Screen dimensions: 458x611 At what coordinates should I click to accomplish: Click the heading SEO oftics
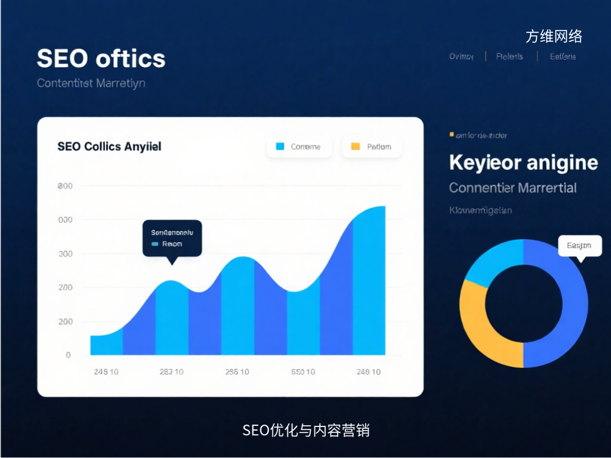click(101, 58)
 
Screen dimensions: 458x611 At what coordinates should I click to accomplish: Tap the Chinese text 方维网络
click(554, 36)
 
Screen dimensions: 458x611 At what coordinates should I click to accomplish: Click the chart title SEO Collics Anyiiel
click(109, 146)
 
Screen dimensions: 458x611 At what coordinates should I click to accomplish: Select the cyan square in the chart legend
click(280, 146)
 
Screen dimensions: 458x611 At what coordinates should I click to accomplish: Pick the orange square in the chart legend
click(356, 146)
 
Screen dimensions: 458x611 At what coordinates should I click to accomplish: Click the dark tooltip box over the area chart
click(172, 238)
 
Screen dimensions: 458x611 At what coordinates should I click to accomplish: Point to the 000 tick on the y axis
click(65, 220)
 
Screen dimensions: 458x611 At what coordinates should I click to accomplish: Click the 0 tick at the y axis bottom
click(68, 355)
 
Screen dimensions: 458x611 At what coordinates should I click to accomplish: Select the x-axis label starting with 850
click(303, 372)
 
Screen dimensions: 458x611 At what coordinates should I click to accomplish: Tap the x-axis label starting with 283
click(171, 372)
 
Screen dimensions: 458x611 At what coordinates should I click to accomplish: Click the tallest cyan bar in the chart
click(369, 283)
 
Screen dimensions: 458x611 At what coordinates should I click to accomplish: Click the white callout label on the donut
click(579, 246)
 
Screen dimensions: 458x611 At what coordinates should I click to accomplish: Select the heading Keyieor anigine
click(523, 162)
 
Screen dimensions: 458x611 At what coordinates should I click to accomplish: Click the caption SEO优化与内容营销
click(305, 430)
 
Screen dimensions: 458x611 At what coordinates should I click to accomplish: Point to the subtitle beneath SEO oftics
click(91, 83)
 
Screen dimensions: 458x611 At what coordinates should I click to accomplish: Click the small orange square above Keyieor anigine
click(452, 135)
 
